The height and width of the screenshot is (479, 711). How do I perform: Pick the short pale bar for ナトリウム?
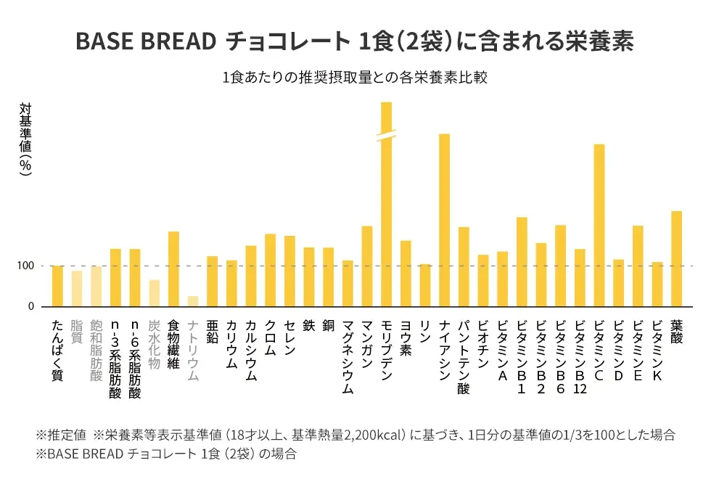pyautogui.click(x=193, y=301)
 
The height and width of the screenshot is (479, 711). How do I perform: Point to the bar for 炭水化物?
pyautogui.click(x=154, y=293)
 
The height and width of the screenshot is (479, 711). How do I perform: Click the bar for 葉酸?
pyautogui.click(x=676, y=258)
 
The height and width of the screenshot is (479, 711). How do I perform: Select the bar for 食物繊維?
pyautogui.click(x=173, y=269)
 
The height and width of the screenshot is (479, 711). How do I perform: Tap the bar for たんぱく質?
pyautogui.click(x=57, y=286)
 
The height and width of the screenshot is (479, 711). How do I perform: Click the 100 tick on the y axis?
pyautogui.click(x=26, y=266)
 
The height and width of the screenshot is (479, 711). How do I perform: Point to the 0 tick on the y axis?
pyautogui.click(x=31, y=307)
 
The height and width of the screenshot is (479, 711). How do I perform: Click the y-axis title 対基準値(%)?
pyautogui.click(x=25, y=138)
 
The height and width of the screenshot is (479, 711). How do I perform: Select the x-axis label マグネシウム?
pyautogui.click(x=348, y=356)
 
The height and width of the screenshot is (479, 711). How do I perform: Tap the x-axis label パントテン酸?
pyautogui.click(x=464, y=356)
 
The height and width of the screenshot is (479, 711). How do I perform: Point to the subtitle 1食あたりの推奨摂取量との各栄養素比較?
pyautogui.click(x=355, y=78)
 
